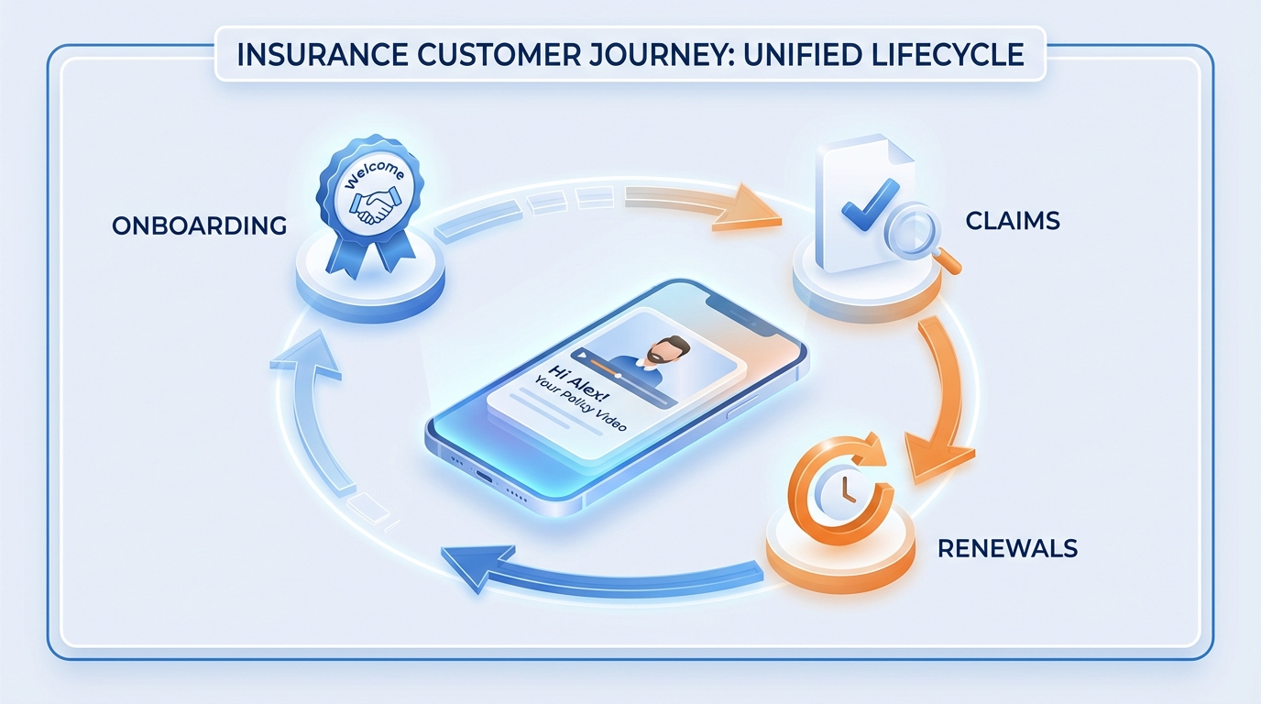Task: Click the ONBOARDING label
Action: [200, 225]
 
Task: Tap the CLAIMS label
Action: [1013, 220]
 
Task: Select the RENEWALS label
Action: [1007, 548]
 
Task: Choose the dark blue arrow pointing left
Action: [587, 564]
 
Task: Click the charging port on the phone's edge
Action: [484, 478]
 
